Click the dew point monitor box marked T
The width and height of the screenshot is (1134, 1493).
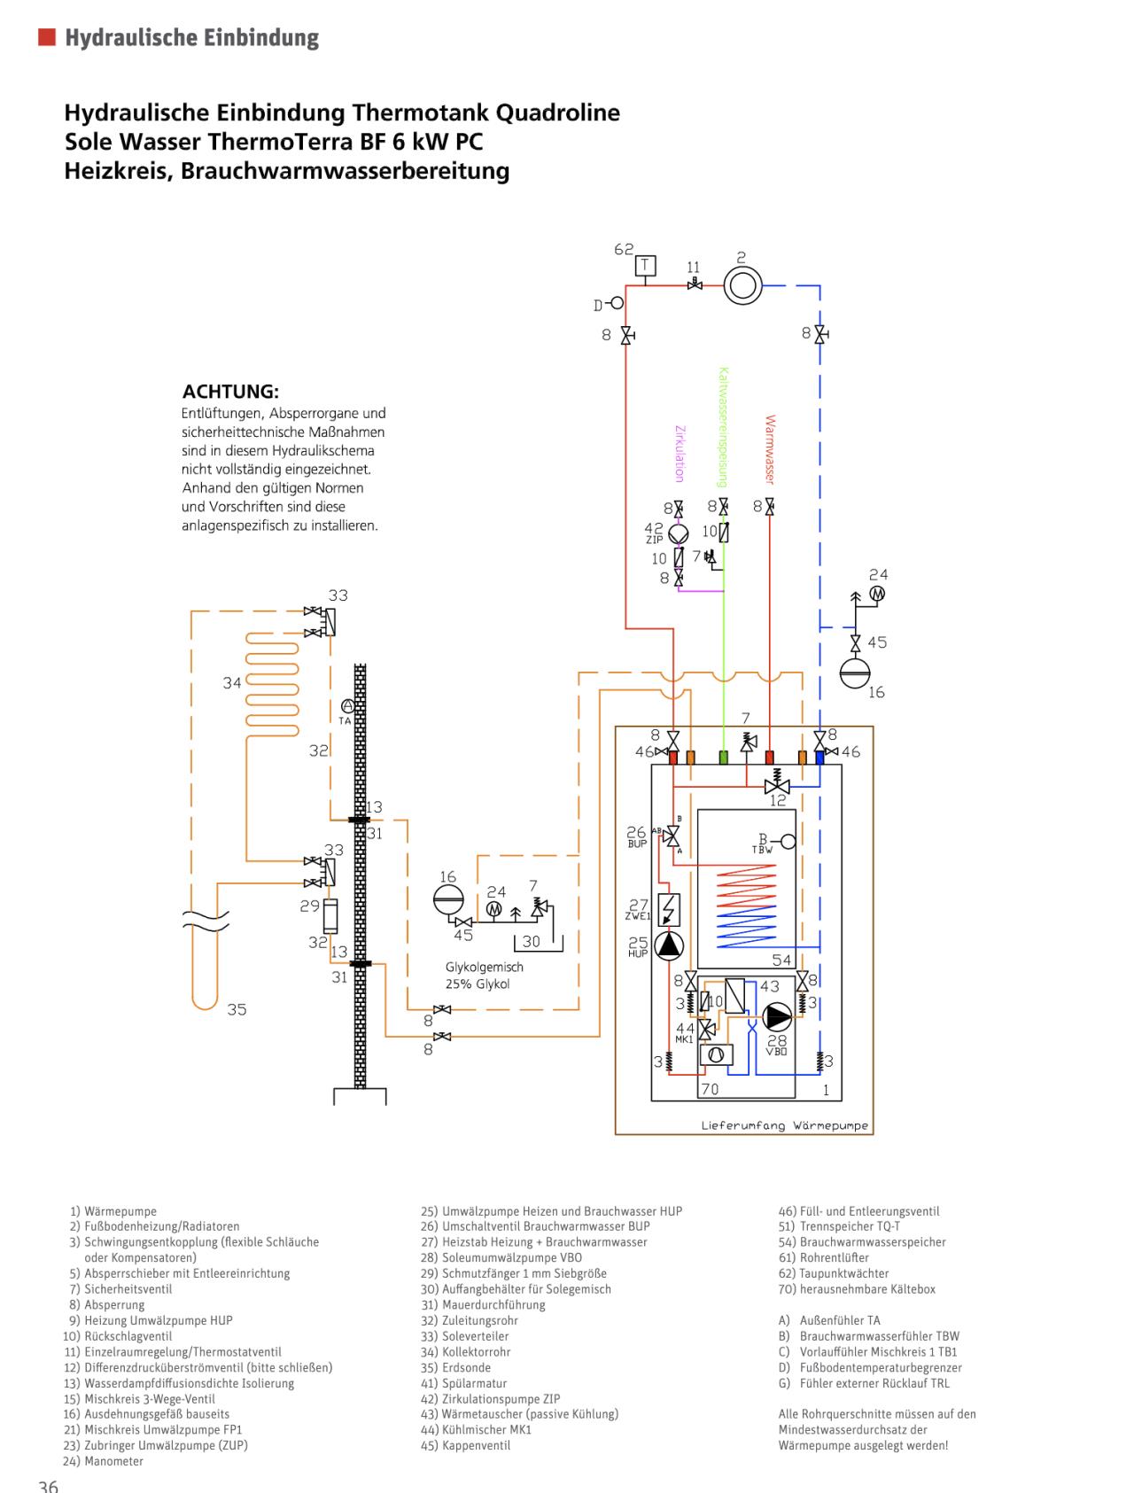point(647,265)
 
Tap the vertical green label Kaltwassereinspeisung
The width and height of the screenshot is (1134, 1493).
point(723,427)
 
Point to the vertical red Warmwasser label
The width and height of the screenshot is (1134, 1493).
point(770,449)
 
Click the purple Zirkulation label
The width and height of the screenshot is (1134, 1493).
point(680,454)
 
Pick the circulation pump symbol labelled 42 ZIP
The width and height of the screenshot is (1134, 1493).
point(679,535)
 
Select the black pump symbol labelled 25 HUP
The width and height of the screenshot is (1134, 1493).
point(669,946)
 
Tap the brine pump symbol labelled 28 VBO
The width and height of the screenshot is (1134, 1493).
point(777,1017)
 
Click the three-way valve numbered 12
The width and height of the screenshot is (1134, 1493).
point(777,786)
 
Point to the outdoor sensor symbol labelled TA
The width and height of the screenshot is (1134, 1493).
point(347,705)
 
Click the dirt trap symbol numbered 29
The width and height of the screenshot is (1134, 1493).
point(330,914)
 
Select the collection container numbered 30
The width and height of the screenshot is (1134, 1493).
point(531,941)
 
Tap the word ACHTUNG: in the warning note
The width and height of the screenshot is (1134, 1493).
point(230,391)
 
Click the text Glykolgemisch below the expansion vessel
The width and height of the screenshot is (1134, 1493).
point(485,967)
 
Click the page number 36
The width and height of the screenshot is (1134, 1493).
point(49,1485)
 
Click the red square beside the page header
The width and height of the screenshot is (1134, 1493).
point(47,37)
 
